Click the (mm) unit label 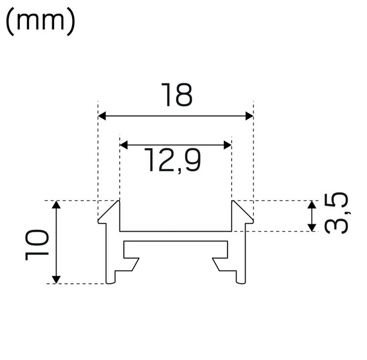pyautogui.click(x=40, y=22)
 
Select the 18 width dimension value pyautogui.click(x=175, y=95)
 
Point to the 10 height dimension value pyautogui.click(x=37, y=243)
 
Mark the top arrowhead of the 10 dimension pyautogui.click(x=56, y=206)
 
